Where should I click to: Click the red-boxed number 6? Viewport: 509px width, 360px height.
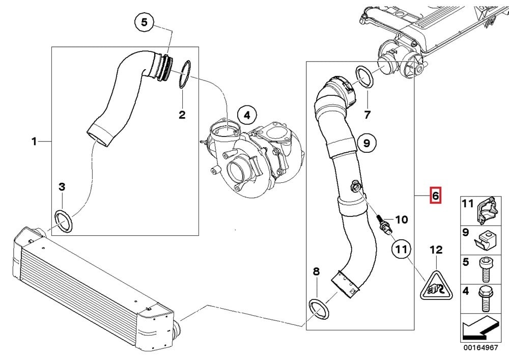click(434, 195)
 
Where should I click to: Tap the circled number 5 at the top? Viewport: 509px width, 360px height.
click(144, 22)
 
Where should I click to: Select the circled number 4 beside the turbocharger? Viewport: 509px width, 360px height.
click(246, 116)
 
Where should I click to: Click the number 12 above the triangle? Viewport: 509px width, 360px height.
click(436, 250)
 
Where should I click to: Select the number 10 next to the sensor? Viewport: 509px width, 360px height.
click(402, 219)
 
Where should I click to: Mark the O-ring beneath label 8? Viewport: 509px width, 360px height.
click(318, 309)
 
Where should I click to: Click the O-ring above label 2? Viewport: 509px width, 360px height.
click(186, 74)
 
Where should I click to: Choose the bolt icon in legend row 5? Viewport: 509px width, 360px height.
click(484, 269)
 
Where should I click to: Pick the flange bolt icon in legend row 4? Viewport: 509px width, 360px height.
click(484, 299)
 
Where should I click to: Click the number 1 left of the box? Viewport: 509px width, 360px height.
click(34, 141)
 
